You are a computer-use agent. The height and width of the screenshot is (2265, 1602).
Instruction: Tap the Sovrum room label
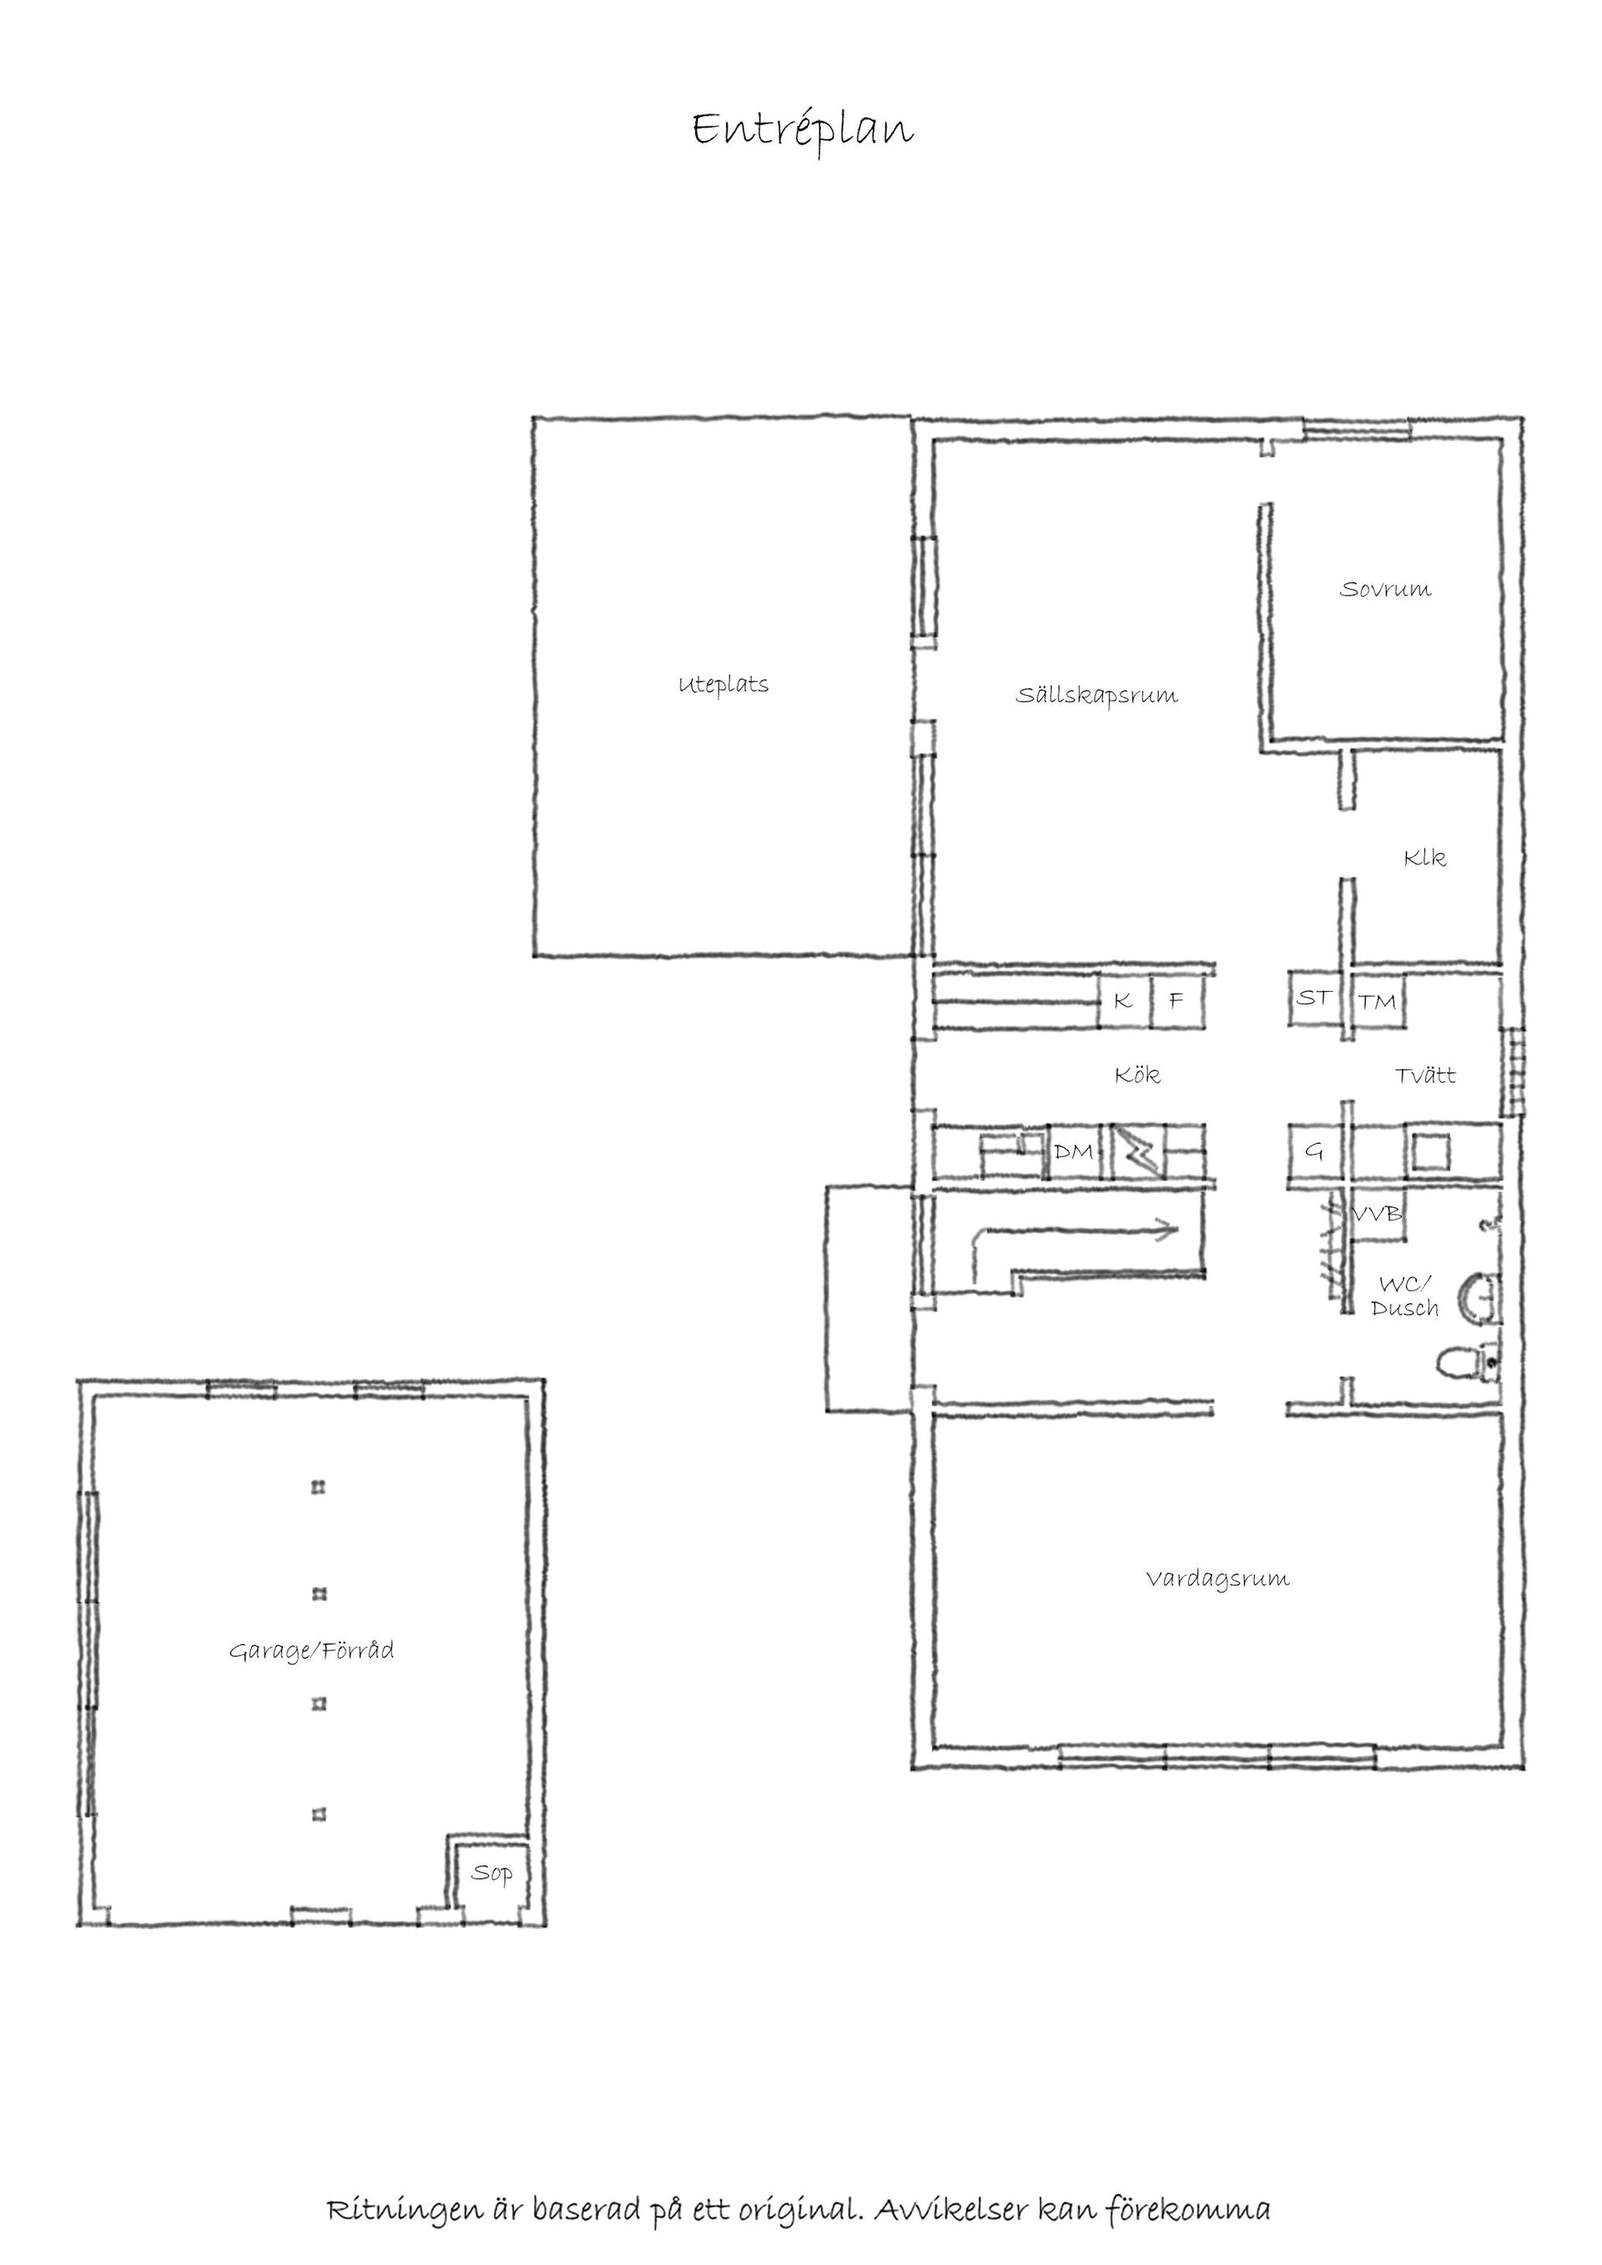pos(1385,589)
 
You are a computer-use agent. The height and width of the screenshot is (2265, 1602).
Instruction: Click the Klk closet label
pos(1424,858)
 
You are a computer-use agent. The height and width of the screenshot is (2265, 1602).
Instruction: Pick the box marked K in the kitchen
pos(1125,1001)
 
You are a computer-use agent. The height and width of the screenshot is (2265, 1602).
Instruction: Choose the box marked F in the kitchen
pos(1176,1001)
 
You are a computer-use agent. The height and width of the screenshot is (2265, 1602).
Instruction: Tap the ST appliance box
pos(1314,999)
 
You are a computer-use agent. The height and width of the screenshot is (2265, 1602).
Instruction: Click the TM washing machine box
pos(1377,1002)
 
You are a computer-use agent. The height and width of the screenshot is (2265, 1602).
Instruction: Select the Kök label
pos(1137,1075)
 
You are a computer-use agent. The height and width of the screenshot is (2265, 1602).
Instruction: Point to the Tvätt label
pos(1425,1075)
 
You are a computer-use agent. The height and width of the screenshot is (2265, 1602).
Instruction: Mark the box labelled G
pos(1314,1151)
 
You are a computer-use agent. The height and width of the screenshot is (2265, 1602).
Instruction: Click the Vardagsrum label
pos(1217,1578)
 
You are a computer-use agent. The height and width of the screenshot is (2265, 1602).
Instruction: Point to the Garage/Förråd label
pos(312,1650)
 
